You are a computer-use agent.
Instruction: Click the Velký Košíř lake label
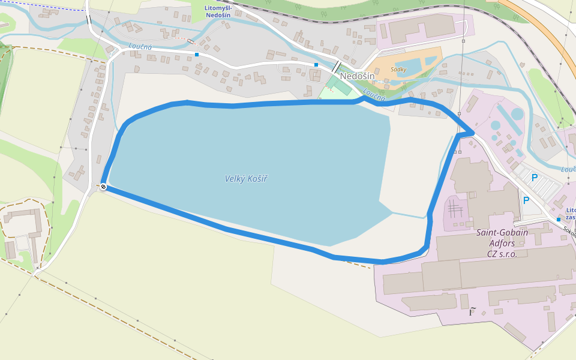[246, 179]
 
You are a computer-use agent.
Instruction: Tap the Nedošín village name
[357, 76]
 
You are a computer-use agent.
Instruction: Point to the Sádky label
[398, 70]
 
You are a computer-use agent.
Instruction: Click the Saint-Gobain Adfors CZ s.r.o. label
[502, 243]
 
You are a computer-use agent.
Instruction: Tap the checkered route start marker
[104, 187]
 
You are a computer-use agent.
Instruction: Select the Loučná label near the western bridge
[140, 46]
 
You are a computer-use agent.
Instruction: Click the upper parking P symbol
[534, 178]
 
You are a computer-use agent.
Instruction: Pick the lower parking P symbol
[526, 200]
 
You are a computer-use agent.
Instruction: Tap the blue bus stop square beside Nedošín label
[316, 64]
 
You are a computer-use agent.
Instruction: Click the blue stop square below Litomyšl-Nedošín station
[197, 55]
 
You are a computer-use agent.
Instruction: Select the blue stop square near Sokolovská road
[558, 220]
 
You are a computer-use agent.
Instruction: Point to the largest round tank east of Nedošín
[517, 113]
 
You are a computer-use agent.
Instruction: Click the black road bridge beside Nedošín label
[337, 67]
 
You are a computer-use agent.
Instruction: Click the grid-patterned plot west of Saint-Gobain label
[455, 210]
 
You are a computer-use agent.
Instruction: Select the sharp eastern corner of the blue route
[474, 131]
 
